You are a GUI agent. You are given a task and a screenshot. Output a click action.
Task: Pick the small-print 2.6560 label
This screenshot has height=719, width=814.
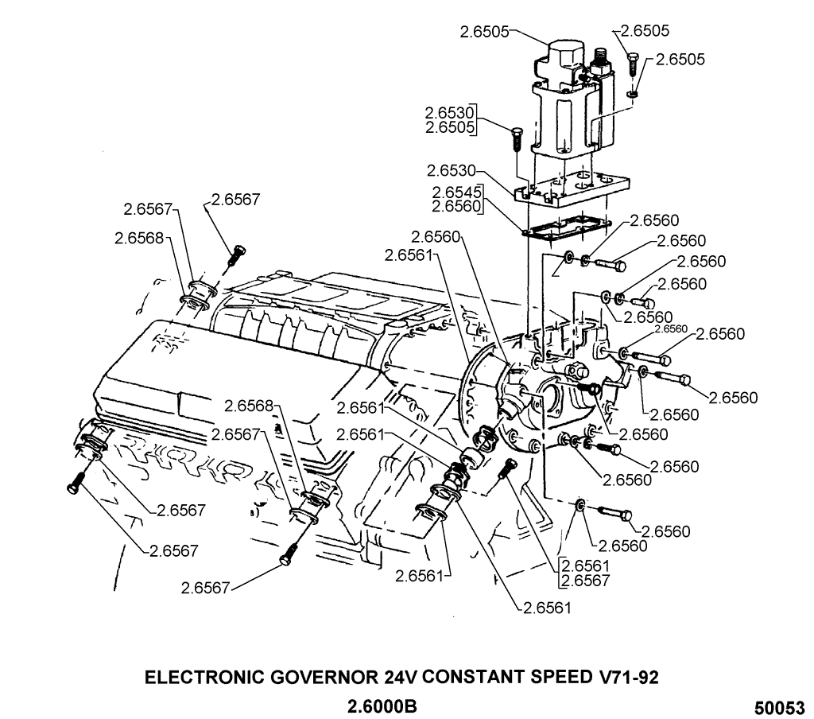tap(670, 328)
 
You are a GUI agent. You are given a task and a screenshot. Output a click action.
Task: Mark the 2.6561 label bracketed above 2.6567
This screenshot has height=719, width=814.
tap(585, 566)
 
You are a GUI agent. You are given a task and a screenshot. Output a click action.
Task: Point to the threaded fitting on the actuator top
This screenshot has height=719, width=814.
tap(598, 58)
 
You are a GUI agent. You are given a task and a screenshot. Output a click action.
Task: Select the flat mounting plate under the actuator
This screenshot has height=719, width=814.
tap(568, 191)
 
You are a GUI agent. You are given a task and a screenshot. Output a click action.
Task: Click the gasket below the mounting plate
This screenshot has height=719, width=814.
tap(566, 227)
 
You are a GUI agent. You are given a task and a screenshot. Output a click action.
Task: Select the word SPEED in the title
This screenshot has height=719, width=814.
tap(553, 678)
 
